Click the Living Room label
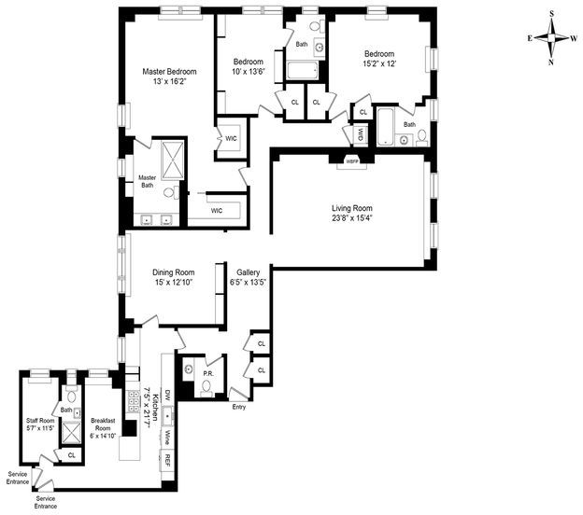coord(351,208)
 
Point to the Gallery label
coord(248,272)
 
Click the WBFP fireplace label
coord(352,161)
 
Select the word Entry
coord(239,406)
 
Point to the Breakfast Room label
coord(103,421)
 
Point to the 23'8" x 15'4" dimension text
coord(351,219)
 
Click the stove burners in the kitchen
coord(132,403)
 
